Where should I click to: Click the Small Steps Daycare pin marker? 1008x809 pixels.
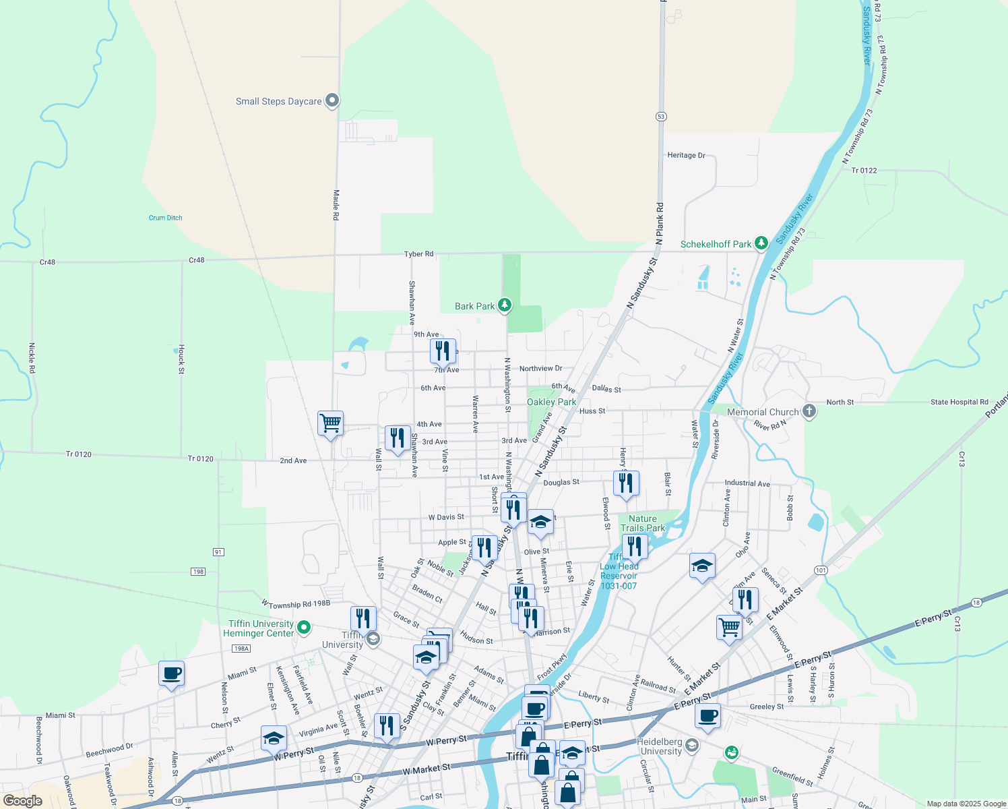(332, 100)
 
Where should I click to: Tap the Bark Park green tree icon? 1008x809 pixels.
(504, 305)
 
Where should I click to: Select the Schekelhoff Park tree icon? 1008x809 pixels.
(761, 243)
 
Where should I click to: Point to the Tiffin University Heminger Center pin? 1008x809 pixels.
(304, 628)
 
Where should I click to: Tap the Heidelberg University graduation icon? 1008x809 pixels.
(692, 746)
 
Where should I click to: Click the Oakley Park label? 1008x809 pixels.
(551, 402)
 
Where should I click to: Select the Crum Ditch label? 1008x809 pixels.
(166, 218)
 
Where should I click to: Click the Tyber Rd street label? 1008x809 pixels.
(418, 254)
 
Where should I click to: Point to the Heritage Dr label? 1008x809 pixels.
(686, 155)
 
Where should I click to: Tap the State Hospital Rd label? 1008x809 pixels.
(959, 402)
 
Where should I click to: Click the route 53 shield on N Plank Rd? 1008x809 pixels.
(661, 117)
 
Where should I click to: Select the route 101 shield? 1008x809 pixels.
(820, 570)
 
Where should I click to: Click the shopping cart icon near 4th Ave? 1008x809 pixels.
(330, 423)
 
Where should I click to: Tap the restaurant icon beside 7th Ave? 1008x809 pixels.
(443, 351)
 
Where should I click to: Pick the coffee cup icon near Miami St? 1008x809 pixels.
(171, 673)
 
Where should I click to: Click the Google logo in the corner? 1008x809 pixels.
(23, 801)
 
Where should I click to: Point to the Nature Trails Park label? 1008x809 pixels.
(643, 523)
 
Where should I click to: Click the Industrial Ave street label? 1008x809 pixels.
(747, 483)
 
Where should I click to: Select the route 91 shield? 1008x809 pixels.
(218, 552)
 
